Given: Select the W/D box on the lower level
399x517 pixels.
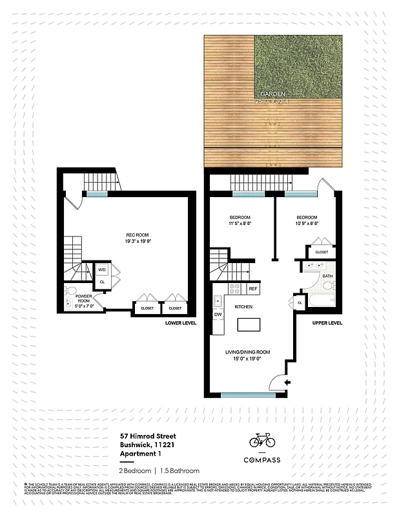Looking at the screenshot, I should coord(102,270).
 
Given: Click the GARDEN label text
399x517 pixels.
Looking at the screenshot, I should coord(269,94).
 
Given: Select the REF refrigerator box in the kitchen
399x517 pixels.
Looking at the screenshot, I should coord(252,289).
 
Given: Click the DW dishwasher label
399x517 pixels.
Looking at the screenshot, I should coord(218,315).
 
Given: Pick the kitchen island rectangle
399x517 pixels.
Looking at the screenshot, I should coord(248,325).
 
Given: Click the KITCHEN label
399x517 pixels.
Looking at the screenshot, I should coord(243,306).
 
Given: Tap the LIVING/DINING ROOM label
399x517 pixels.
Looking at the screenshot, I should coord(247,352).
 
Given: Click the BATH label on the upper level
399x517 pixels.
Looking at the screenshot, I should coord(327,277).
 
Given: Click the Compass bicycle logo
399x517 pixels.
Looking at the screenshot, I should coord(262,441).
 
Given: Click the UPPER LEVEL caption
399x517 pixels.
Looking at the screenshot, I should coord(327,322).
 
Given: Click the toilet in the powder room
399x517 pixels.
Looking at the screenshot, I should coord(72,290).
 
